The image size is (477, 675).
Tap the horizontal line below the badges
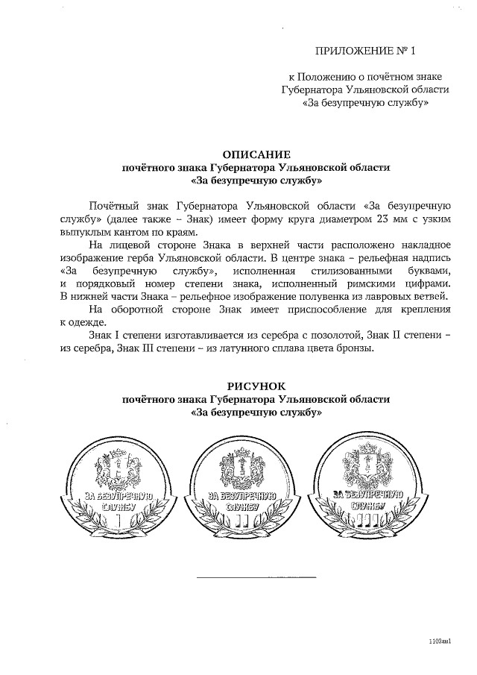click(256, 577)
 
